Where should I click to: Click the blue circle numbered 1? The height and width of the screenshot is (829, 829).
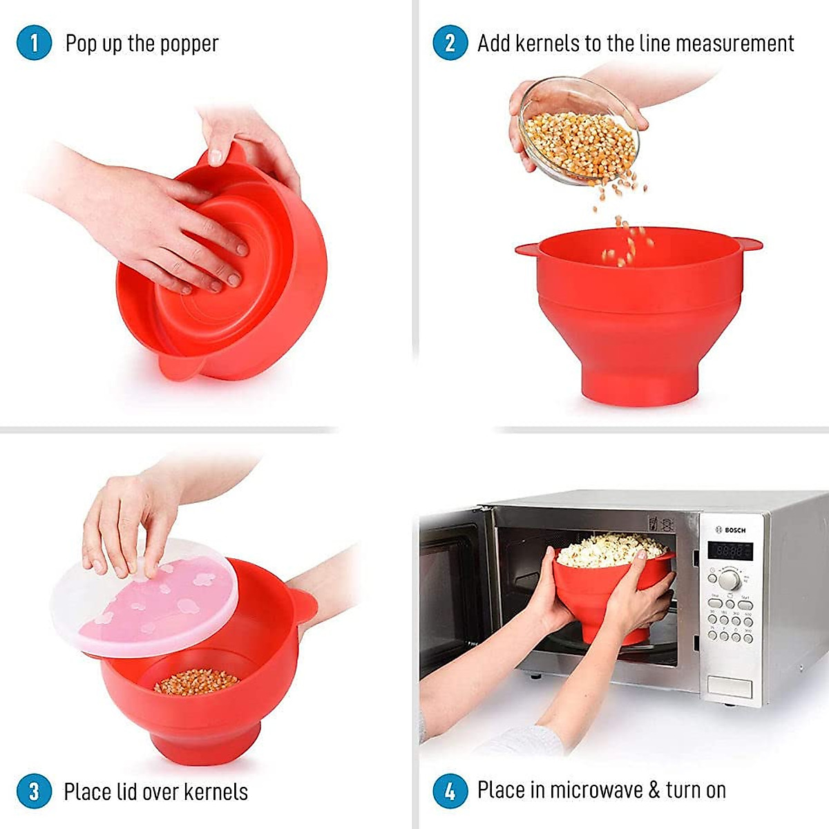pyautogui.click(x=34, y=43)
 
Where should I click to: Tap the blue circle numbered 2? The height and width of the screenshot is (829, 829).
pyautogui.click(x=450, y=43)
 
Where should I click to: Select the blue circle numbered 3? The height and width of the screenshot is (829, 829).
pyautogui.click(x=34, y=790)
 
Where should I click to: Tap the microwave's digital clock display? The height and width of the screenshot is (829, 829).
pyautogui.click(x=730, y=551)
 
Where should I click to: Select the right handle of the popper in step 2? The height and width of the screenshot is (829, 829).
pyautogui.click(x=749, y=243)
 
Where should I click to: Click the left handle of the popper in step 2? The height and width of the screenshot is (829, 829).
pyautogui.click(x=527, y=247)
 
